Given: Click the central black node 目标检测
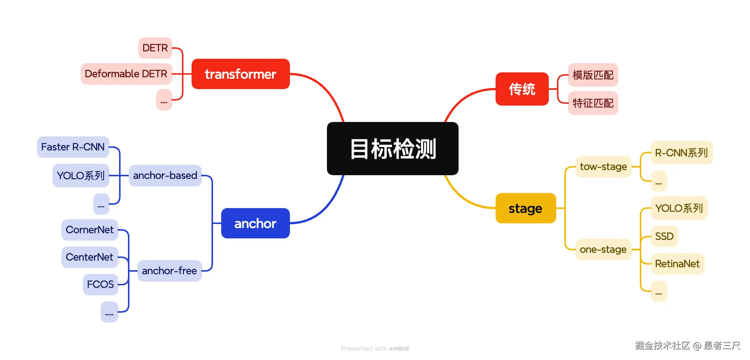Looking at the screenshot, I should point(392,149).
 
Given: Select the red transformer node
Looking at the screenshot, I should point(240,74).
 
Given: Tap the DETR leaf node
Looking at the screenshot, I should point(155,48).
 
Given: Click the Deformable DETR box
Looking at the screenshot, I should point(126,74).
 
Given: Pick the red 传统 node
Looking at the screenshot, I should point(522,89).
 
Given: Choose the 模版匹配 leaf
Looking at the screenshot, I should point(593,75).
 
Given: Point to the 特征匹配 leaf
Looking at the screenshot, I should point(593,103).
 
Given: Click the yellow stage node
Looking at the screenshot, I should point(525,208).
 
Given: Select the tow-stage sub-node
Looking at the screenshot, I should point(603,167).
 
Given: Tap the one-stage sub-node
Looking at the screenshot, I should point(603,249).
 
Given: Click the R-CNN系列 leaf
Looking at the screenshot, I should point(681,153).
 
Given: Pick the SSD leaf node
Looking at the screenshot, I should point(664,236).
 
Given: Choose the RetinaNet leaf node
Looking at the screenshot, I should point(677,264).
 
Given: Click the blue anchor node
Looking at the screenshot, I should point(255,223).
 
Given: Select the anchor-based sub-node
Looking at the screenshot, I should point(165,176).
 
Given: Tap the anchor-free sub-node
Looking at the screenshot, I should point(169,271).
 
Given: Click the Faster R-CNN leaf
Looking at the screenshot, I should point(73,147).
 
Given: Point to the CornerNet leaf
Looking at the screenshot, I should point(89,230).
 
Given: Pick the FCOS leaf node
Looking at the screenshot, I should point(100,285).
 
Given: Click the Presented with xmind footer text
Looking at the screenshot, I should point(375,349).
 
